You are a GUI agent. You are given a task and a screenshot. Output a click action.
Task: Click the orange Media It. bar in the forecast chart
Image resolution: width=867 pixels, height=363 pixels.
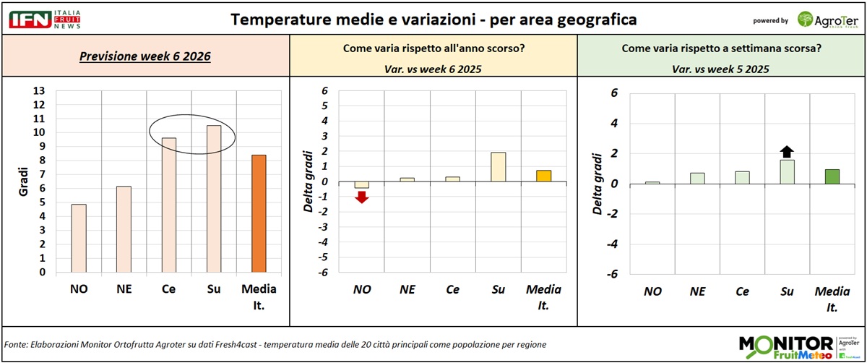(258, 214)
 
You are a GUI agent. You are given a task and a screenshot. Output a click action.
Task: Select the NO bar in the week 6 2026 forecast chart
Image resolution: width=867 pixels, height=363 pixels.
(79, 239)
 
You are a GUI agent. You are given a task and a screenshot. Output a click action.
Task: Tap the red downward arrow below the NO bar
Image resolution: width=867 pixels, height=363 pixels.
(362, 197)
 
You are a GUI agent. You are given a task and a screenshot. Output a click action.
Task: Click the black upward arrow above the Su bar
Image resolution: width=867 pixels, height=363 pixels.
(787, 151)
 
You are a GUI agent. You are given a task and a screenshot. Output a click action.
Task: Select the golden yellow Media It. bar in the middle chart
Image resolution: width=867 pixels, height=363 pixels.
(543, 176)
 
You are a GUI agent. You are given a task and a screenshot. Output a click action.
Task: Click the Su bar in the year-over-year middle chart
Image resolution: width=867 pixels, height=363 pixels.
(498, 166)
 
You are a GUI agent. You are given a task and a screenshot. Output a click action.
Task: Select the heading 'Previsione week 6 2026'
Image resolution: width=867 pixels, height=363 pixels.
(145, 57)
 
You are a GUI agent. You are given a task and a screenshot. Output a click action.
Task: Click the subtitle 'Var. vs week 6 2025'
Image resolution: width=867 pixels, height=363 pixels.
(433, 69)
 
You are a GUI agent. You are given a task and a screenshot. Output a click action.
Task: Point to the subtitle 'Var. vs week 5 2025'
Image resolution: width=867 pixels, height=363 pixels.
(722, 69)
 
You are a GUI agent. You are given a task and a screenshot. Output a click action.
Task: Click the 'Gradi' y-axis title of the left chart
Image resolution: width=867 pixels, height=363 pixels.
(22, 181)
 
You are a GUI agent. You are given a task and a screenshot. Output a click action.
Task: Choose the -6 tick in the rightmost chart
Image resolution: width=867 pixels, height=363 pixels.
(613, 274)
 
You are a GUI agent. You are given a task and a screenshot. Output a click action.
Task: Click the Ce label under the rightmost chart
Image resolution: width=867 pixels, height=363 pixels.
(741, 292)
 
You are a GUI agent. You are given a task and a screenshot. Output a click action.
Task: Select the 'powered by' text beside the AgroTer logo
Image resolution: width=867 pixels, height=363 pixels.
(770, 20)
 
